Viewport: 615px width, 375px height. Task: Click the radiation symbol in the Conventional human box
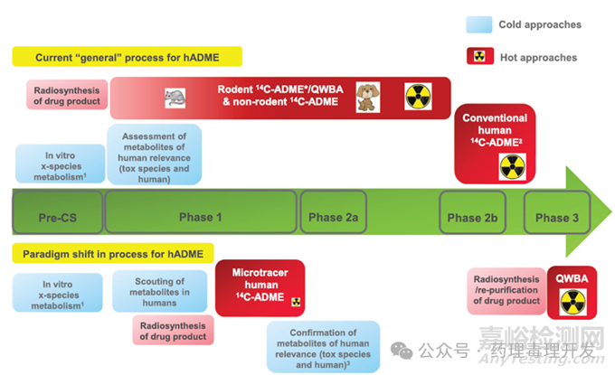512,166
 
